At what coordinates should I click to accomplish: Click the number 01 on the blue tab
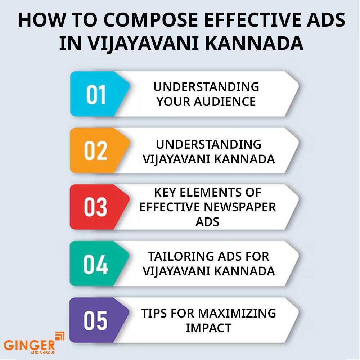tap(96, 94)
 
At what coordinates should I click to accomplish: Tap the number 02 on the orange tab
tap(96, 150)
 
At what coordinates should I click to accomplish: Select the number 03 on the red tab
tap(95, 207)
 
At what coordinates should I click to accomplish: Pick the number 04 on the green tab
tap(95, 264)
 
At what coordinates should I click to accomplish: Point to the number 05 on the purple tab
tap(95, 321)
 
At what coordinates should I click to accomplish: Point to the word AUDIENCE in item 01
tap(225, 102)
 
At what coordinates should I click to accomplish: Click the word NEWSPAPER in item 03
tap(240, 207)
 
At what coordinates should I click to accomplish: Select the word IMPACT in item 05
tap(208, 328)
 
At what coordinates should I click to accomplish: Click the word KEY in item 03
tap(165, 192)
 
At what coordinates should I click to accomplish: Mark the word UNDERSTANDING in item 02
tap(208, 144)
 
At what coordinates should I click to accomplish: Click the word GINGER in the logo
tap(30, 345)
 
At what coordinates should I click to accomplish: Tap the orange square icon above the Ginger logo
tap(60, 336)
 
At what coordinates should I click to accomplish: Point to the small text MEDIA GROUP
tap(43, 352)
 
